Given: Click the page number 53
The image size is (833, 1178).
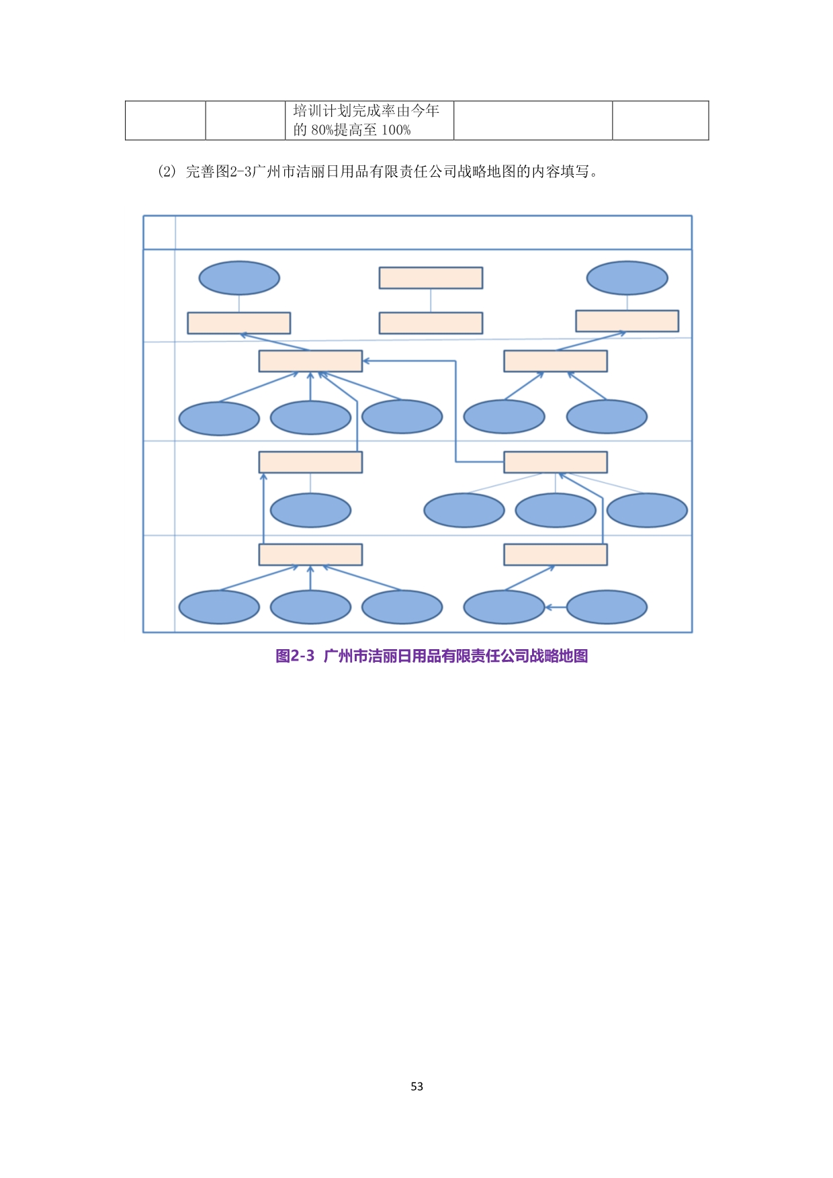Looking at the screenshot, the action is click(416, 1087).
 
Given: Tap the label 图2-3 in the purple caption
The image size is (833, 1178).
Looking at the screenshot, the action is click(295, 656).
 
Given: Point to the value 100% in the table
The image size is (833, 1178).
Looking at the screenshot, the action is click(396, 130).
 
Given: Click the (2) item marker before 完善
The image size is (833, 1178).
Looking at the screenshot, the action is click(166, 171).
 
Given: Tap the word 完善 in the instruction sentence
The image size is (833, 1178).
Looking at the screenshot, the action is click(200, 171).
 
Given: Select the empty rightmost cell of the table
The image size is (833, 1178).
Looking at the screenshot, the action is click(660, 120).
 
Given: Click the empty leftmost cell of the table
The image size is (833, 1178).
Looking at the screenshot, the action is click(165, 120).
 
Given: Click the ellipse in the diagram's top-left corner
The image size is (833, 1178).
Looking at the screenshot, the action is click(239, 278).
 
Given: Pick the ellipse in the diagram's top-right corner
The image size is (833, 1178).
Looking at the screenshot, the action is click(627, 278).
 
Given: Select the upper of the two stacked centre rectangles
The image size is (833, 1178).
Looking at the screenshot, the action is click(431, 278).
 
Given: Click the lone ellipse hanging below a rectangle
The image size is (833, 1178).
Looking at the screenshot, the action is click(310, 510).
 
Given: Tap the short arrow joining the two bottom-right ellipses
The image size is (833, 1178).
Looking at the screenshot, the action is click(556, 607).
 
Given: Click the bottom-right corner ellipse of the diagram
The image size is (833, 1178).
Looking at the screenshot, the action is click(607, 607).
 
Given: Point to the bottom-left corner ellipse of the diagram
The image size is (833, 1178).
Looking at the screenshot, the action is click(219, 607).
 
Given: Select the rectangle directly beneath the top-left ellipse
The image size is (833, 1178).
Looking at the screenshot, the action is click(239, 323).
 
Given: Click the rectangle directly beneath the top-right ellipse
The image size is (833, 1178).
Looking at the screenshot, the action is click(627, 321).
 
